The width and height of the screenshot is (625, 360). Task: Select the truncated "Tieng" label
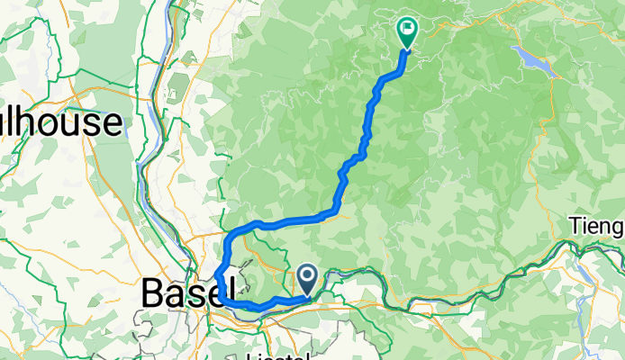[597, 225]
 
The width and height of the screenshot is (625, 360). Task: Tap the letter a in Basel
[172, 293]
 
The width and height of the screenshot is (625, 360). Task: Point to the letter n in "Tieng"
[605, 226]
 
